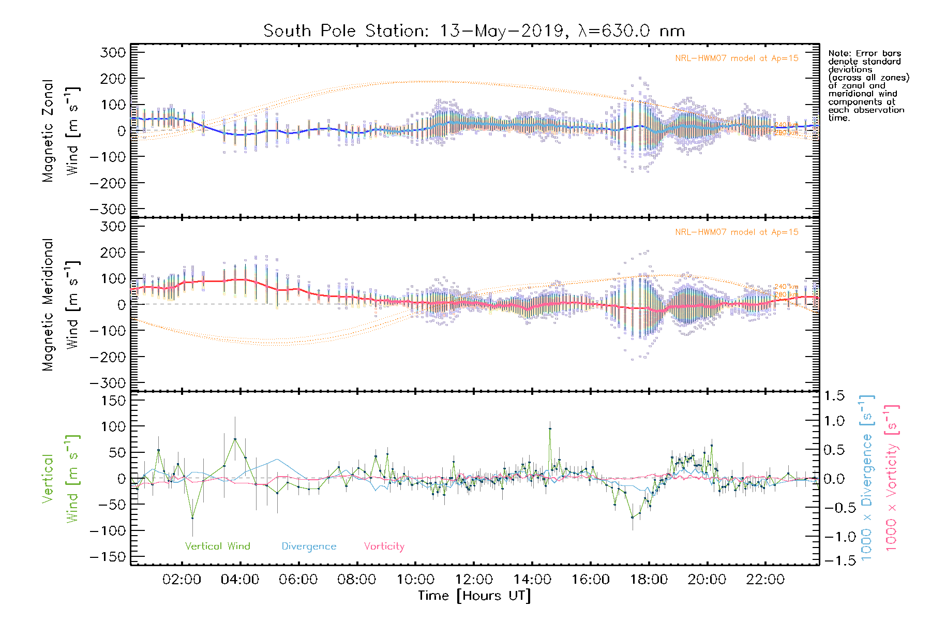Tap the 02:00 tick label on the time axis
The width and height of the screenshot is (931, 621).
point(182,580)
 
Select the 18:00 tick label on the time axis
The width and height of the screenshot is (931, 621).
point(649,580)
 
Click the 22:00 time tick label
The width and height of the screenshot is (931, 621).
point(765,580)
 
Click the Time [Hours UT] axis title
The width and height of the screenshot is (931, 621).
point(474,596)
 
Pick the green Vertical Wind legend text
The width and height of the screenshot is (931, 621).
point(217,546)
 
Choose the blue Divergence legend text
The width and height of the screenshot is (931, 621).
point(309,546)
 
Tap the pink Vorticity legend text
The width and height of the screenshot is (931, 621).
point(384,546)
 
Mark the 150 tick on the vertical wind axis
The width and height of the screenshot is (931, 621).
point(113,401)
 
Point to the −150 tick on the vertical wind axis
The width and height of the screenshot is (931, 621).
point(108,557)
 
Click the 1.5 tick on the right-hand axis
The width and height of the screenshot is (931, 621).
point(834,396)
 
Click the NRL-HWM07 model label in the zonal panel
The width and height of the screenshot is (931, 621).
point(737,58)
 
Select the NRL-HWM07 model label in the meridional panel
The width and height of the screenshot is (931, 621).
point(737,232)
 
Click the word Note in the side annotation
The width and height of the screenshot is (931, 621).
point(838,53)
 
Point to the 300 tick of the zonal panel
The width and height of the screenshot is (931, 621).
point(113,52)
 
